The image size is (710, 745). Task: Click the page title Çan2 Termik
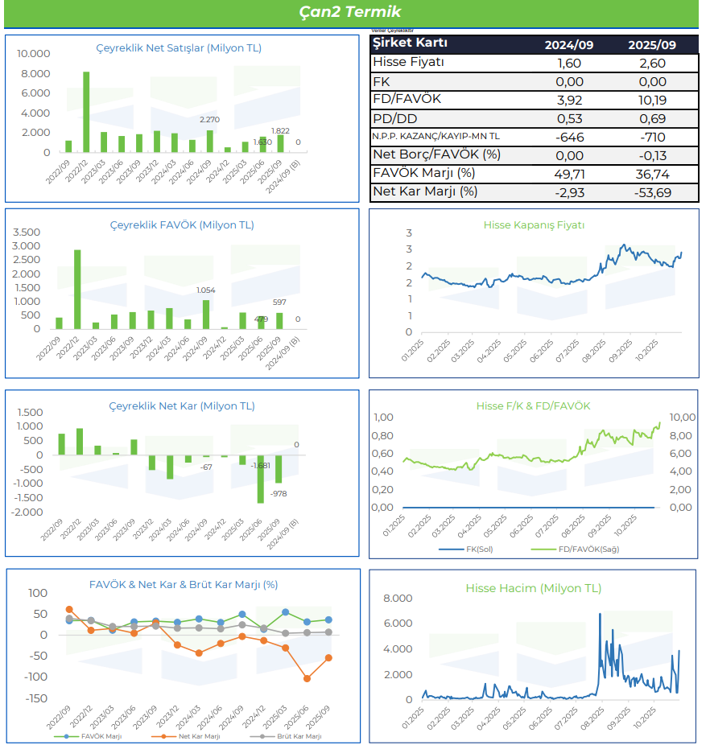coord(349,12)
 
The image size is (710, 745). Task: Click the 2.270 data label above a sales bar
coord(209,120)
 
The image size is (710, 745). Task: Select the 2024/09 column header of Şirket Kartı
coord(568,45)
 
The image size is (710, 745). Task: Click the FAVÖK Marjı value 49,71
coord(568,174)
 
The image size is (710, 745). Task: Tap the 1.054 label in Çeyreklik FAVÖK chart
coord(207,290)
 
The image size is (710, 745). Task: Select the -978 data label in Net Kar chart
coord(279,493)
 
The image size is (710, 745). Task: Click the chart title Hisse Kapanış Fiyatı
coord(534,225)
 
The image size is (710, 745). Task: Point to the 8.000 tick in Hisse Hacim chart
coord(397,598)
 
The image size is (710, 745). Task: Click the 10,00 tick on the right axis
coord(682,417)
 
